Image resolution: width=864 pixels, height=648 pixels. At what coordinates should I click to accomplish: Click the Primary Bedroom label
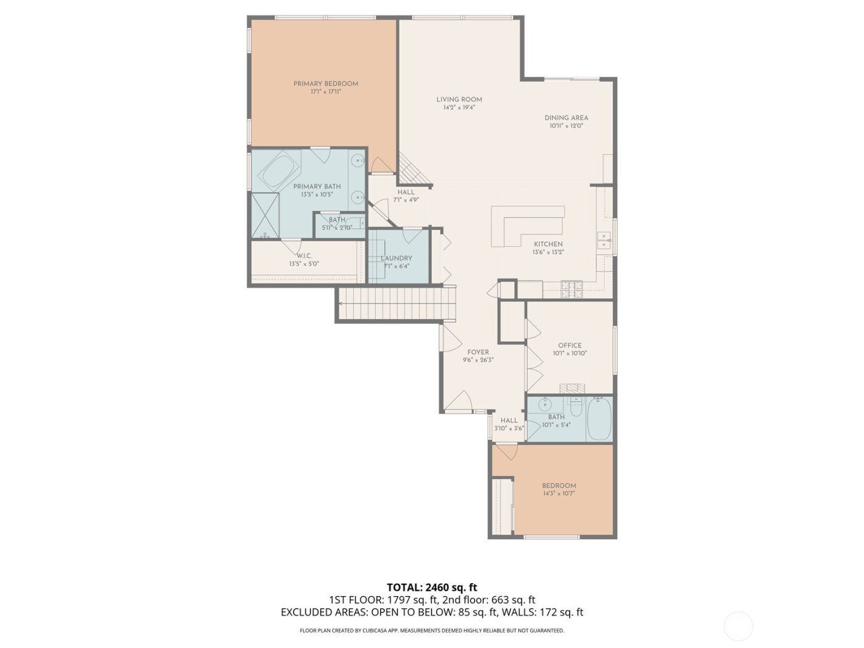(325, 84)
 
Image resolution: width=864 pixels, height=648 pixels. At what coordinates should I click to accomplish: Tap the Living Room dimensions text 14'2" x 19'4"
(459, 107)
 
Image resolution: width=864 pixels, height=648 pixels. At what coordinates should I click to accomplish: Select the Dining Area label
(566, 118)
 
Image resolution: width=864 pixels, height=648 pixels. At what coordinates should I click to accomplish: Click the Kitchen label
(548, 244)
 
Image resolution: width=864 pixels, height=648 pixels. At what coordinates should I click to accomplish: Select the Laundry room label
(396, 259)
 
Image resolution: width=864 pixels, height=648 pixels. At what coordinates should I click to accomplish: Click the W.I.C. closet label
(304, 256)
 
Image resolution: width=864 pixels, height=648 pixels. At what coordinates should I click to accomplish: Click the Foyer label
(478, 352)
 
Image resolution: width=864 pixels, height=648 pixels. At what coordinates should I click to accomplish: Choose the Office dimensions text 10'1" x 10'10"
(569, 354)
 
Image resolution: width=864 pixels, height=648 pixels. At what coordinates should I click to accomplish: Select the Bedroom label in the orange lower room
(559, 486)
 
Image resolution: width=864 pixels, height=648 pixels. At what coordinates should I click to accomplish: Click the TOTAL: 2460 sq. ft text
(431, 587)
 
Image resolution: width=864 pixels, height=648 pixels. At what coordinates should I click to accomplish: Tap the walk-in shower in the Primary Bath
(264, 214)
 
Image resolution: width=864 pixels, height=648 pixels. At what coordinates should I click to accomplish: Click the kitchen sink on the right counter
(604, 241)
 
